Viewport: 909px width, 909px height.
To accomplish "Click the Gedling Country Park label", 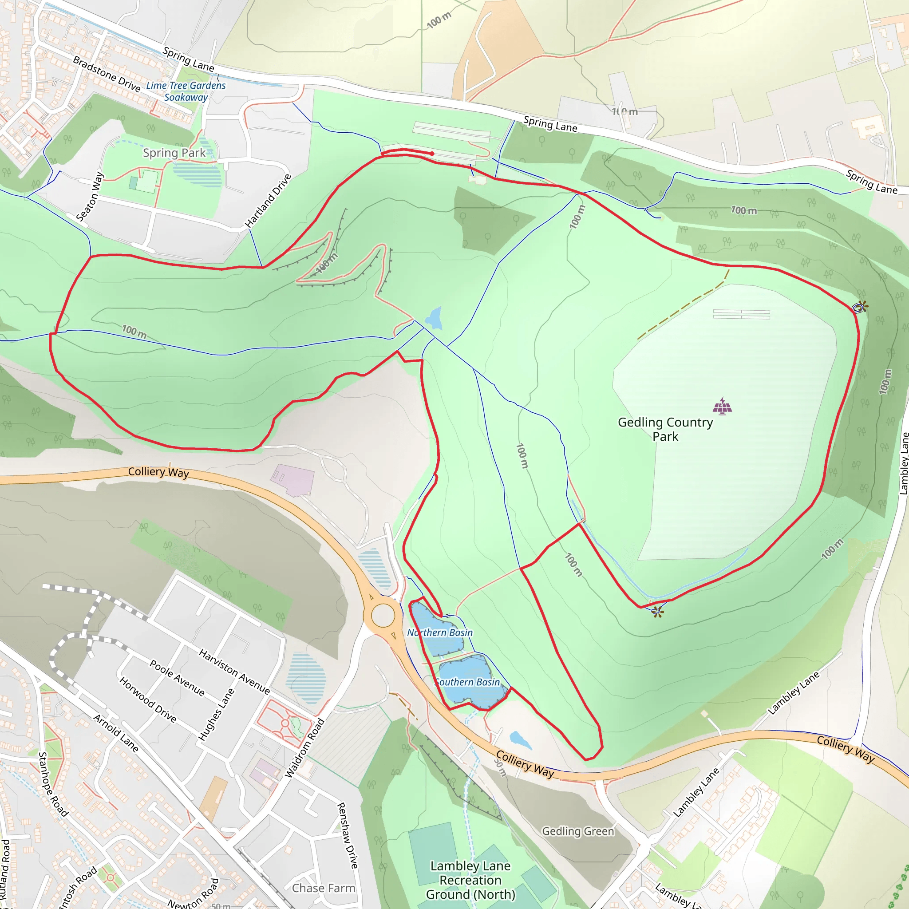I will click(665, 429).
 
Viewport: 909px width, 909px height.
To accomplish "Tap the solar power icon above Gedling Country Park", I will click(722, 406).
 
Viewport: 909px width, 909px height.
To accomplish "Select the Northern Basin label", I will click(439, 633).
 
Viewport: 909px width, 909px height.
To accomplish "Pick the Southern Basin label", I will click(467, 682).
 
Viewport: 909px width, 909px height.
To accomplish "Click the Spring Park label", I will click(174, 153).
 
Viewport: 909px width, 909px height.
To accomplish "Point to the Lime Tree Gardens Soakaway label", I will click(186, 91).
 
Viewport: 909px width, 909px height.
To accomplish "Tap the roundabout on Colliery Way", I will click(383, 616).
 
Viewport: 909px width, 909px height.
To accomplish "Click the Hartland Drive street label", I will click(269, 201).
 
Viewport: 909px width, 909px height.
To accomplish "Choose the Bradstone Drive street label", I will click(107, 74).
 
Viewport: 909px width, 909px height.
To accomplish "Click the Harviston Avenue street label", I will click(234, 672).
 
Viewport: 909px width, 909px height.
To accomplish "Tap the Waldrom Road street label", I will click(305, 748).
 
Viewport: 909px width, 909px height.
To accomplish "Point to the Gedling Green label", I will click(578, 831).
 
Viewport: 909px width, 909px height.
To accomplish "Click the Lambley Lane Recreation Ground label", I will click(470, 880).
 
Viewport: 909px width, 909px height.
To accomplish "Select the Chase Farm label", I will click(323, 888).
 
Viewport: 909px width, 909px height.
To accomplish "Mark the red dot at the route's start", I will click(432, 154).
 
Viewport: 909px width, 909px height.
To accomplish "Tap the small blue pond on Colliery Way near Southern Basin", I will click(520, 739).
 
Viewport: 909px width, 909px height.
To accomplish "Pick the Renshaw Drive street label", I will click(348, 835).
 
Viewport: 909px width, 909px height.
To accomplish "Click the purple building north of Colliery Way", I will click(292, 479).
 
